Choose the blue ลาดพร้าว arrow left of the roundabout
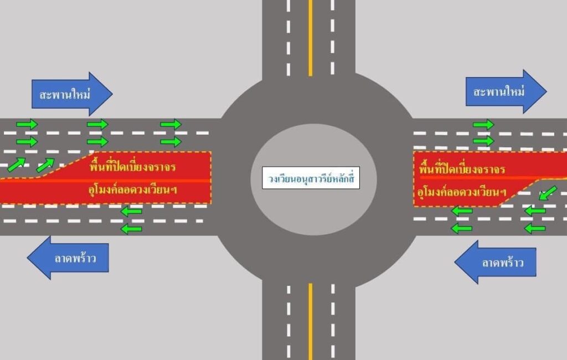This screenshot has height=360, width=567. (69, 258)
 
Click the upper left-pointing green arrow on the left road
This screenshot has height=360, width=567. (131, 211)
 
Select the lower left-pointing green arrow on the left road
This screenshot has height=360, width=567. (131, 228)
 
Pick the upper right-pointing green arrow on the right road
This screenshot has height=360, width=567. (483, 125)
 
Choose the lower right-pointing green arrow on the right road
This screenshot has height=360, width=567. (483, 141)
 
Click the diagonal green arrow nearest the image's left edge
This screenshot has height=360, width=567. (16, 164)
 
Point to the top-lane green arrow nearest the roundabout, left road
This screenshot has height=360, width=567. (171, 124)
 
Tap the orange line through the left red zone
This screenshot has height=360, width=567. (111, 180)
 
